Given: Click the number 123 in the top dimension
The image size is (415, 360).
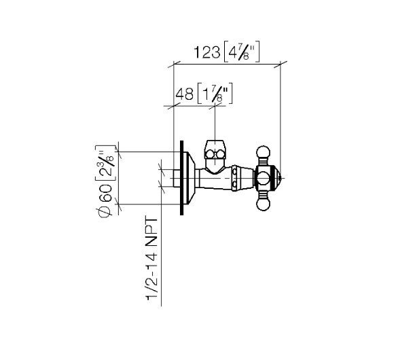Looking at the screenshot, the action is [x=206, y=52].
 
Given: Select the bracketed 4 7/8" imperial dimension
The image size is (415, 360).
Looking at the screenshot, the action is [x=242, y=52].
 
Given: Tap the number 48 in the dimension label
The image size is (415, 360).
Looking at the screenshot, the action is [x=185, y=94].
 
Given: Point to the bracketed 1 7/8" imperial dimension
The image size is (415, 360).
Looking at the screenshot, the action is [x=215, y=94].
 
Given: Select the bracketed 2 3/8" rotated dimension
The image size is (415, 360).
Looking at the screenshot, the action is [x=106, y=163].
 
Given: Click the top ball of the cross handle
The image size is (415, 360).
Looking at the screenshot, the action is [x=264, y=152].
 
